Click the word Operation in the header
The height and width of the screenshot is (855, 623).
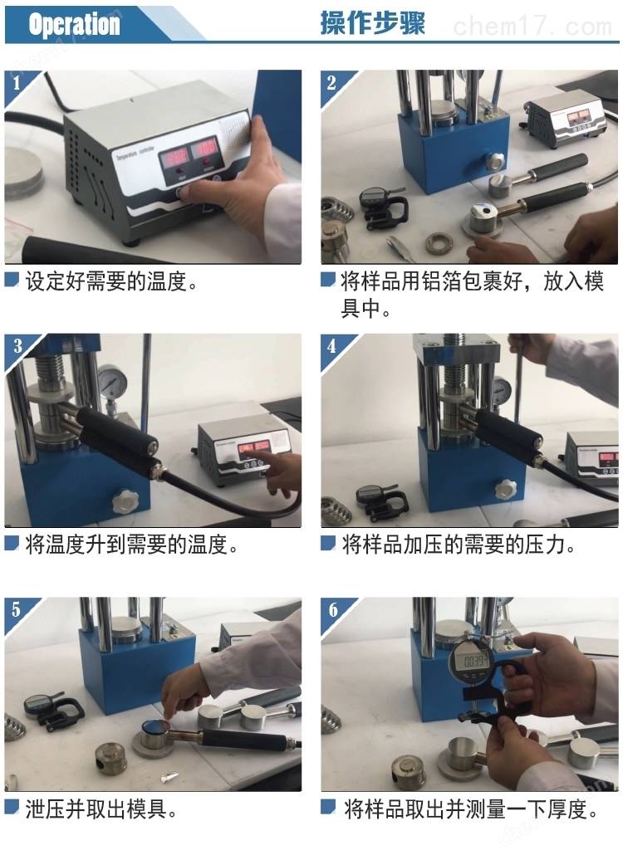coord(74,24)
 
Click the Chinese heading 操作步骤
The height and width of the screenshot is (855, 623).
coord(372,23)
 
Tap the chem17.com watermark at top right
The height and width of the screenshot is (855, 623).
coord(532,27)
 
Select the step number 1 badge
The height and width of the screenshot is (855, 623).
coord(17,83)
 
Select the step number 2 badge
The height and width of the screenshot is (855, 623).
coord(331,83)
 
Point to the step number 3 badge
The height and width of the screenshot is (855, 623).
coord(17,345)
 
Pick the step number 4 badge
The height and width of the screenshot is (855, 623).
coord(332,346)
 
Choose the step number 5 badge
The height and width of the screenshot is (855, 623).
coord(17,609)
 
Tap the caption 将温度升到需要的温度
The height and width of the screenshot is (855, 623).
coord(132,545)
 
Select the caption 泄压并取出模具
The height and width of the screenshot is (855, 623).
coord(101,809)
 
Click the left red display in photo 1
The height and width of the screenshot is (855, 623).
coord(174,159)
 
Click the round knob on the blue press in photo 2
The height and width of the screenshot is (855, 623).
coord(495,162)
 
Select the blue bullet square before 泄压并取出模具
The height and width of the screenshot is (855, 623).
coord(12,806)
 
